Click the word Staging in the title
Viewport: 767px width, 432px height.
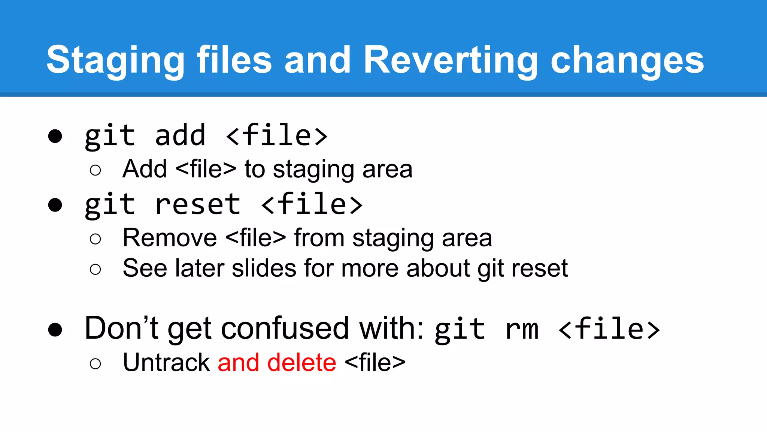pyautogui.click(x=115, y=60)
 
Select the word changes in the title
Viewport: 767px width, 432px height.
pyautogui.click(x=627, y=60)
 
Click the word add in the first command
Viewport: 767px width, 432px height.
pyautogui.click(x=180, y=135)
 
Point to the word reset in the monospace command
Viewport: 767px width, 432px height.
pyautogui.click(x=197, y=204)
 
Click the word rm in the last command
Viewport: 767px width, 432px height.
pyautogui.click(x=522, y=329)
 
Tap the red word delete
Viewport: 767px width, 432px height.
pyautogui.click(x=301, y=363)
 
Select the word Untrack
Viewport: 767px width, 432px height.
pyautogui.click(x=167, y=363)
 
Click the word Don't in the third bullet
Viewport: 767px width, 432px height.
pyautogui.click(x=121, y=328)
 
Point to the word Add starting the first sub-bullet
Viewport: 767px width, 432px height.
pyautogui.click(x=145, y=169)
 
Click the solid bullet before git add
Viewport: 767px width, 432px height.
pyautogui.click(x=55, y=136)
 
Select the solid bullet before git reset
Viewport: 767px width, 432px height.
pyautogui.click(x=55, y=205)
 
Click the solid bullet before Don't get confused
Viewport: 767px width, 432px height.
pyautogui.click(x=55, y=330)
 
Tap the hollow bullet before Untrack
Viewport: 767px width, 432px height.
pyautogui.click(x=96, y=363)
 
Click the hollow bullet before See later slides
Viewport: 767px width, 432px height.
pyautogui.click(x=96, y=269)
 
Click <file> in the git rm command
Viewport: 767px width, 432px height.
pyautogui.click(x=609, y=329)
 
